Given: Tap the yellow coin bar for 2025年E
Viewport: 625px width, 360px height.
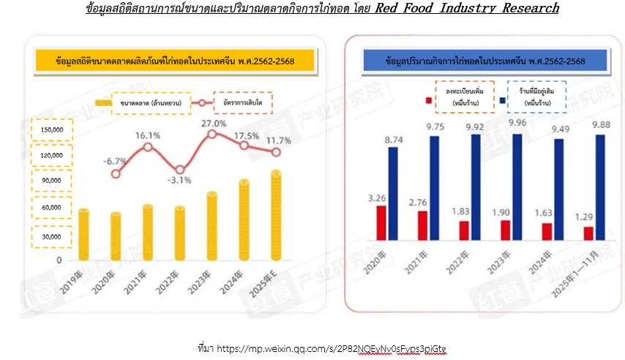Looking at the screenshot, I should click(x=276, y=214).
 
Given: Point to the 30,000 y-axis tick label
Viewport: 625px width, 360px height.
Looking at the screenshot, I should click(x=52, y=236).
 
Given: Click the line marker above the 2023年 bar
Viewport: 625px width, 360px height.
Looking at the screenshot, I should click(x=212, y=134).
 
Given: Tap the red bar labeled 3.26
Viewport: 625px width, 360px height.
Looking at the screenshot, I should click(x=381, y=222).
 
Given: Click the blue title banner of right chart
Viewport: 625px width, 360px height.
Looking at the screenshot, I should click(x=484, y=61).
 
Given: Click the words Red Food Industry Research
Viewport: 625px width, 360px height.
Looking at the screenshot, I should click(x=467, y=9).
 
